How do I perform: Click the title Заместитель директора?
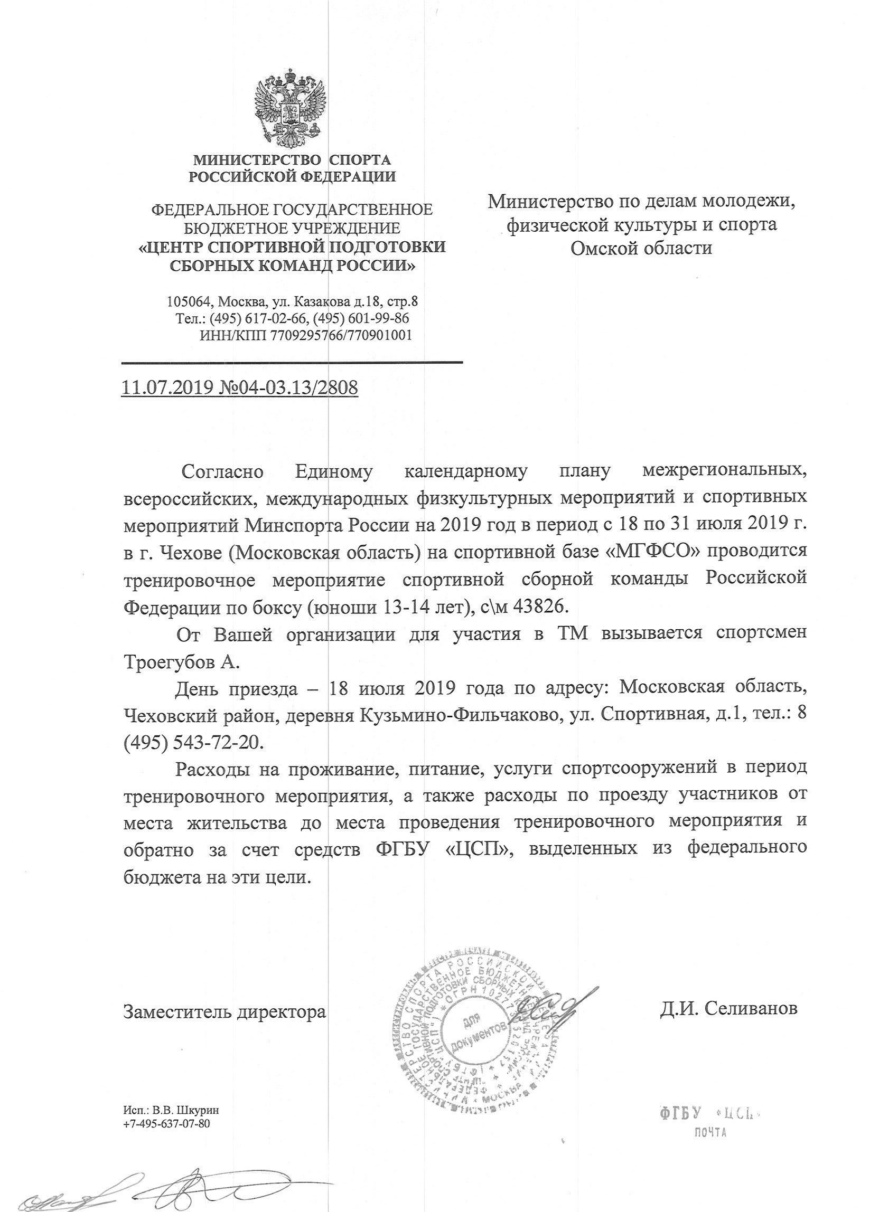225,1011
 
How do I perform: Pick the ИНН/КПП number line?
305,336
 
